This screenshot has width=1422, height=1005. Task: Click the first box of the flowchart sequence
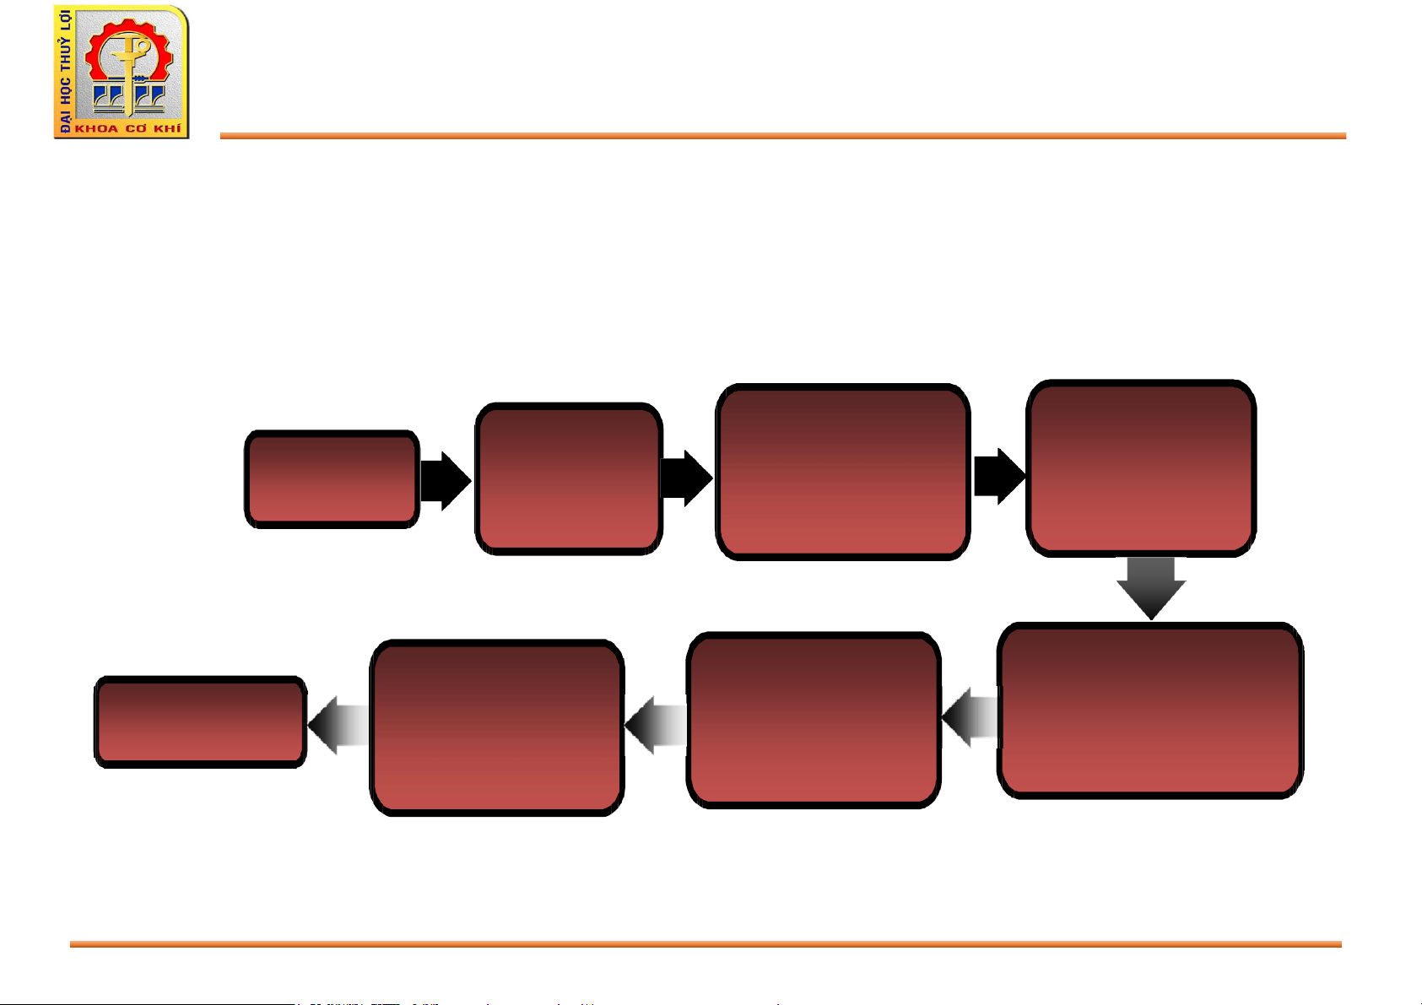point(332,479)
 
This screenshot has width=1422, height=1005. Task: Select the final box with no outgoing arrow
point(200,722)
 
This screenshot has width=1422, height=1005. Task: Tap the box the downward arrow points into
point(1150,711)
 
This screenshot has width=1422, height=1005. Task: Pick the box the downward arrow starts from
point(1141,468)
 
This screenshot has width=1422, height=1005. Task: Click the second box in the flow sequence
point(568,478)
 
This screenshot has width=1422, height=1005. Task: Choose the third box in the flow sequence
point(842,472)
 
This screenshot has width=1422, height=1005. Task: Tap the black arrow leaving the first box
point(445,481)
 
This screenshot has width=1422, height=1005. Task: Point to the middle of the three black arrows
point(686,478)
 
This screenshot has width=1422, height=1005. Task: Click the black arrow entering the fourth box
point(999,477)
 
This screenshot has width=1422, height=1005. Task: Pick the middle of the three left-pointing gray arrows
point(656,725)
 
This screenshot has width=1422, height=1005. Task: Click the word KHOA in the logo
point(96,129)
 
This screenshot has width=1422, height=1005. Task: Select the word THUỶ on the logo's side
point(65,54)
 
